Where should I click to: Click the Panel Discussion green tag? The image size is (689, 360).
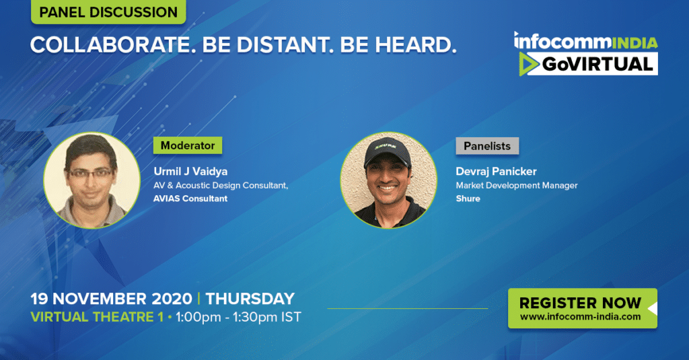pyautogui.click(x=108, y=12)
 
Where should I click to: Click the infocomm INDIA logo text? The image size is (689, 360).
pyautogui.click(x=586, y=41)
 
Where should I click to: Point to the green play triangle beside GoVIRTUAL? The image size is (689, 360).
pyautogui.click(x=528, y=64)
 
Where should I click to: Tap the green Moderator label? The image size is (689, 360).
pyautogui.click(x=188, y=145)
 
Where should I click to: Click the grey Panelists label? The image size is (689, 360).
pyautogui.click(x=487, y=146)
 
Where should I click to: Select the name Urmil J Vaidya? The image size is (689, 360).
pyautogui.click(x=190, y=172)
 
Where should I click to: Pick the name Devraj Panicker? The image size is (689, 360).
pyautogui.click(x=496, y=172)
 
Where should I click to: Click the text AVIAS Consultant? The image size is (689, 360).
pyautogui.click(x=190, y=199)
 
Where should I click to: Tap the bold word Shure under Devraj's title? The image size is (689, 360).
pyautogui.click(x=468, y=199)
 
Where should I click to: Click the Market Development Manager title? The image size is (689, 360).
pyautogui.click(x=517, y=186)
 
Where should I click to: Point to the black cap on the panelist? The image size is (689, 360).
pyautogui.click(x=387, y=152)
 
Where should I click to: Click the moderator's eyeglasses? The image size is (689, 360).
pyautogui.click(x=91, y=173)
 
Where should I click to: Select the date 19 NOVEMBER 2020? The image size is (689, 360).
pyautogui.click(x=111, y=299)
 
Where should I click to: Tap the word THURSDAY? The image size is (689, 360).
pyautogui.click(x=250, y=299)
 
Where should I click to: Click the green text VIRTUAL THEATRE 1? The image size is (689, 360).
pyautogui.click(x=97, y=317)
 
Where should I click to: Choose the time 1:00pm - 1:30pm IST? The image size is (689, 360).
pyautogui.click(x=239, y=317)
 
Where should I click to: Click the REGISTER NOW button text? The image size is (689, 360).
pyautogui.click(x=580, y=303)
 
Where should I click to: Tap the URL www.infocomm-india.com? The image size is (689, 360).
pyautogui.click(x=581, y=317)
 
